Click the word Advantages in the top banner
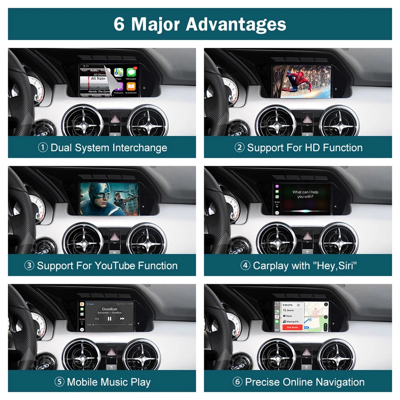pyautogui.click(x=236, y=24)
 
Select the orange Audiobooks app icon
pyautogui.click(x=131, y=87)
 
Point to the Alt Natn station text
pyautogui.click(x=99, y=78)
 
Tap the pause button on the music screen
pyautogui.click(x=110, y=318)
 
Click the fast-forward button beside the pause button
pyautogui.click(x=122, y=318)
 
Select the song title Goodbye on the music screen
pyautogui.click(x=109, y=309)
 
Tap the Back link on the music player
pyautogui.click(x=90, y=304)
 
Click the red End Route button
pyautogui.click(x=292, y=327)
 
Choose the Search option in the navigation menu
pyautogui.click(x=290, y=310)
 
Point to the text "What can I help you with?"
pyautogui.click(x=305, y=194)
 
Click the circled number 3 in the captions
pyautogui.click(x=29, y=266)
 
